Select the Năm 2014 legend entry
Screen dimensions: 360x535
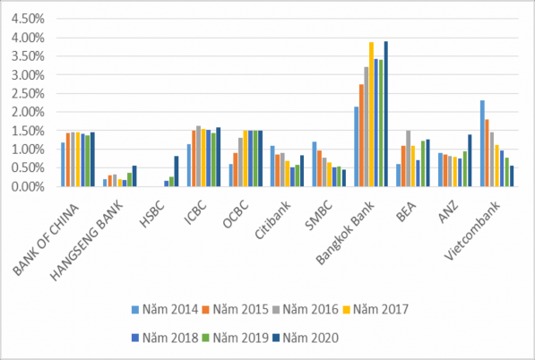pos(167,310)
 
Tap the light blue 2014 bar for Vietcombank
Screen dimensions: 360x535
pos(482,143)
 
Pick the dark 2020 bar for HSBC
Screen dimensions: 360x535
pos(176,171)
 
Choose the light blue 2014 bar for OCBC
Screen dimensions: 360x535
pos(230,176)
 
